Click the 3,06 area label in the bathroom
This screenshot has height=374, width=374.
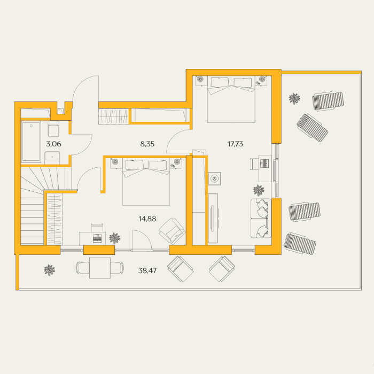pyautogui.click(x=53, y=144)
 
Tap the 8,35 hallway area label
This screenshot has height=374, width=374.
pyautogui.click(x=147, y=144)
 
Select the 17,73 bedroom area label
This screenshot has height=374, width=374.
pyautogui.click(x=235, y=144)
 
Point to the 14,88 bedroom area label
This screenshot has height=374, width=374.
pyautogui.click(x=147, y=219)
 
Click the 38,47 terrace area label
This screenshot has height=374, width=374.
pyautogui.click(x=147, y=270)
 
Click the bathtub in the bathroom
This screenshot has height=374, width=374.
pyautogui.click(x=31, y=142)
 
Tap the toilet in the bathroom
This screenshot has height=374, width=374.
pyautogui.click(x=53, y=129)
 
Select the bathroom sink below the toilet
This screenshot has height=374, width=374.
pyautogui.click(x=52, y=158)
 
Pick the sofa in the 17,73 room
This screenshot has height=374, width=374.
pyautogui.click(x=261, y=218)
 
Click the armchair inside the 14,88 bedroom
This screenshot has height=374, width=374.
pyautogui.click(x=172, y=231)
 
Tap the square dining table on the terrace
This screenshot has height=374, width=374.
pyautogui.click(x=100, y=268)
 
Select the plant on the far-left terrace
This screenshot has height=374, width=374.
pyautogui.click(x=50, y=270)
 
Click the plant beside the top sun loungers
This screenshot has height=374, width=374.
pyautogui.click(x=294, y=98)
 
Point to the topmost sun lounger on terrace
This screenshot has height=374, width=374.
pyautogui.click(x=328, y=101)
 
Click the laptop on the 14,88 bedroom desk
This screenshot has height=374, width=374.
pyautogui.click(x=97, y=238)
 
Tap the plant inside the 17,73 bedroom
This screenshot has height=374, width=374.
pyautogui.click(x=259, y=191)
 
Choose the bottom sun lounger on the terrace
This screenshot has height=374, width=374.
pyautogui.click(x=300, y=243)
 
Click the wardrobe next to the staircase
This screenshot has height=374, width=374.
pyautogui.click(x=54, y=219)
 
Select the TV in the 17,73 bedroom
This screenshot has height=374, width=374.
pyautogui.click(x=212, y=218)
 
